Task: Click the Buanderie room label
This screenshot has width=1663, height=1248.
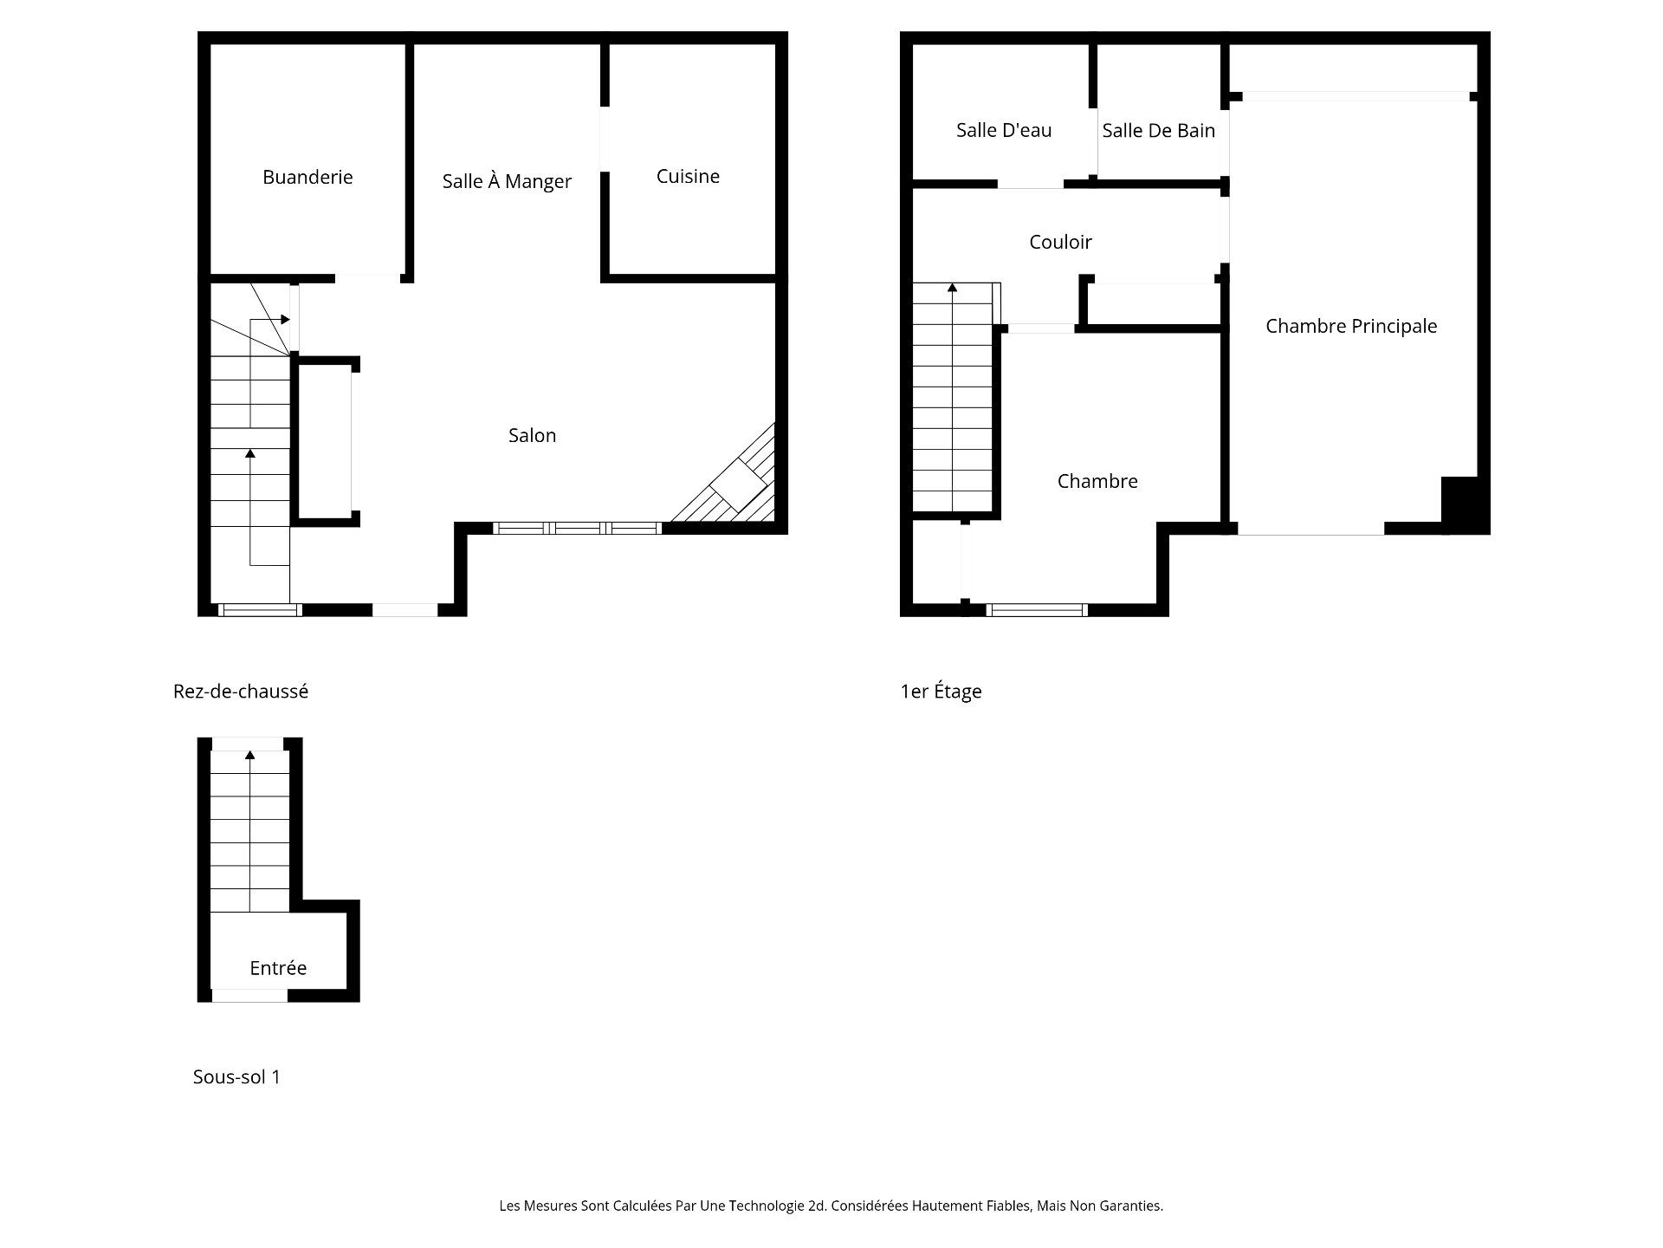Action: [307, 177]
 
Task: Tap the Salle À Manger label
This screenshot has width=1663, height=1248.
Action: [507, 181]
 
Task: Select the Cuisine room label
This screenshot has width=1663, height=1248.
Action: [688, 176]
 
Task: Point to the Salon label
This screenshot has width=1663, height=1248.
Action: [532, 435]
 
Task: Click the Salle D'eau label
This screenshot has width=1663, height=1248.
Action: [1004, 130]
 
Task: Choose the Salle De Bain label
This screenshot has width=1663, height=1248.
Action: [1158, 130]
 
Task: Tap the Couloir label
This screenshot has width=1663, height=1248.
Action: [1060, 242]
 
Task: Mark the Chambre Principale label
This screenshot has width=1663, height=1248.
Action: [1350, 326]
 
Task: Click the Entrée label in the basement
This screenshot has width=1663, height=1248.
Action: [278, 968]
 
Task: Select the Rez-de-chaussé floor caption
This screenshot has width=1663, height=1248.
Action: [241, 692]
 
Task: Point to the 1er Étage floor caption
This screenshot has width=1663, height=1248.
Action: [941, 692]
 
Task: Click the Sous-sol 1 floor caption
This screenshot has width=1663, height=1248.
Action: [236, 1077]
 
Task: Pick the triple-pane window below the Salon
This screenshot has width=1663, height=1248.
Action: [578, 528]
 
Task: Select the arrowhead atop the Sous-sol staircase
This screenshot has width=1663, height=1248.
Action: [250, 754]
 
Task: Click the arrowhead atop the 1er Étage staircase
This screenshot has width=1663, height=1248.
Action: [953, 287]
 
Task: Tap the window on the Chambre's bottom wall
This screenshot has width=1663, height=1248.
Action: [1037, 610]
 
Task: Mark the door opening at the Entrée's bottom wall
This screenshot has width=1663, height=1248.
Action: [249, 997]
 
